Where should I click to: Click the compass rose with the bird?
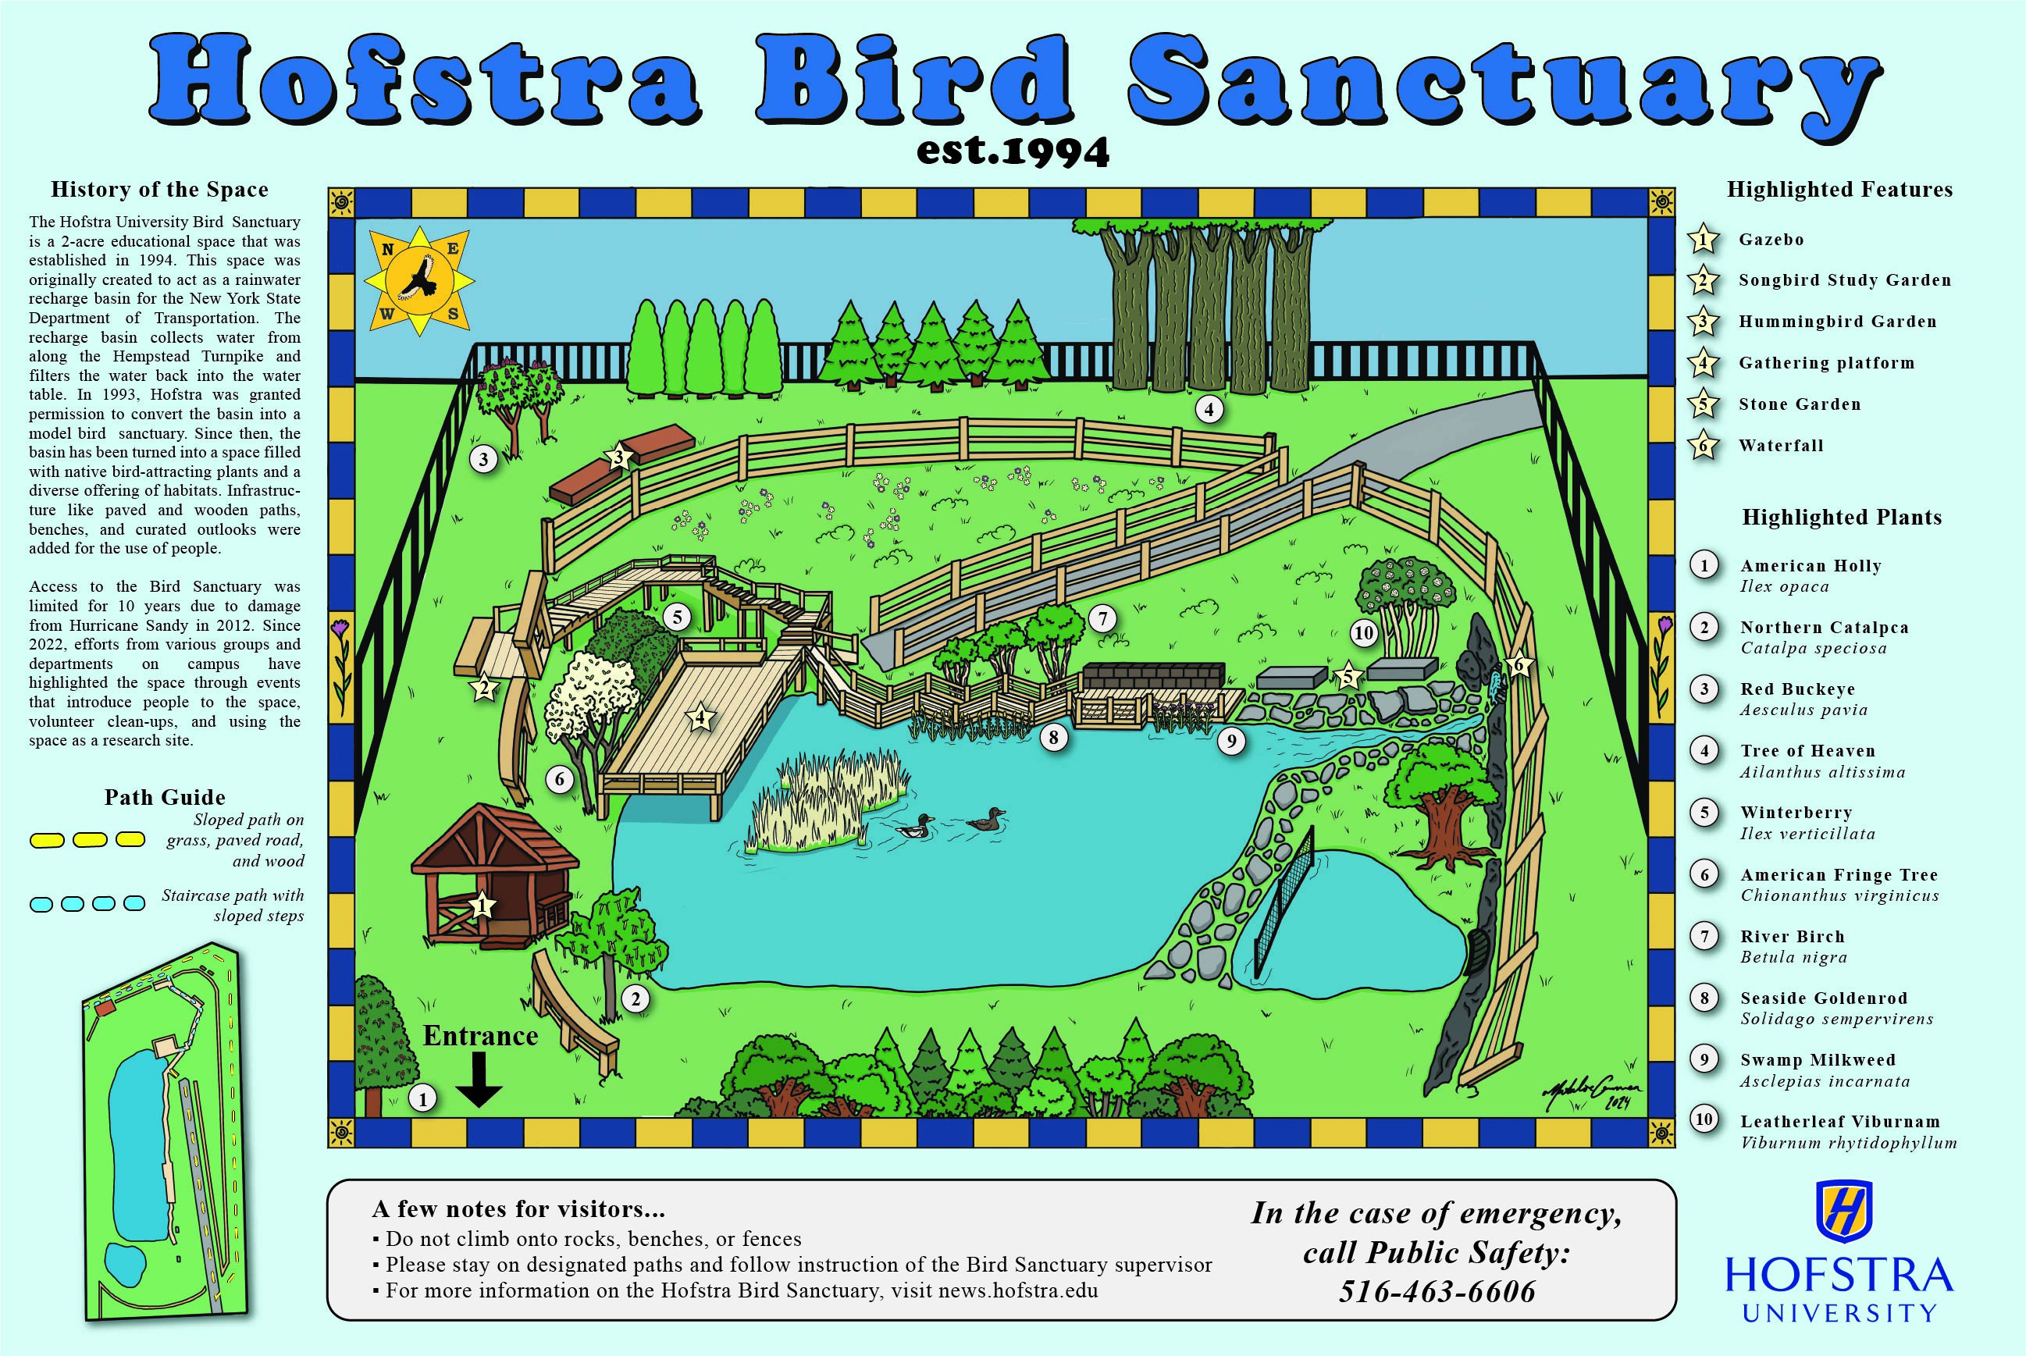click(419, 281)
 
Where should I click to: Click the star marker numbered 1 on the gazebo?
click(482, 906)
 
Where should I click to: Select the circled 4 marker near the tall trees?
click(1209, 409)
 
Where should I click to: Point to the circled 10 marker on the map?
click(1364, 633)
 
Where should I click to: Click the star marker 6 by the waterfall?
click(1519, 664)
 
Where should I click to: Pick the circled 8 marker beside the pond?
click(1053, 738)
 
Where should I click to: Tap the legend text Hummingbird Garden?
click(1838, 322)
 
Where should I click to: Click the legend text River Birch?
click(1792, 937)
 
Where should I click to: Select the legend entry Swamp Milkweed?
click(1818, 1060)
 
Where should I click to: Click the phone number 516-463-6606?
click(1437, 1291)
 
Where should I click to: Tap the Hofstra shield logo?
click(1844, 1211)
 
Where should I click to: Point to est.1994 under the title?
click(1013, 152)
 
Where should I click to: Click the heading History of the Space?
click(159, 190)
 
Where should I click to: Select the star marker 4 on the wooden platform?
click(700, 717)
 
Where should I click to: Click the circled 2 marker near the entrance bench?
click(636, 998)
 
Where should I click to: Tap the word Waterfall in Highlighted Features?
click(1780, 446)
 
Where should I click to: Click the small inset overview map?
click(164, 1133)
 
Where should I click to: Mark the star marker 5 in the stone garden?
click(1346, 675)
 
